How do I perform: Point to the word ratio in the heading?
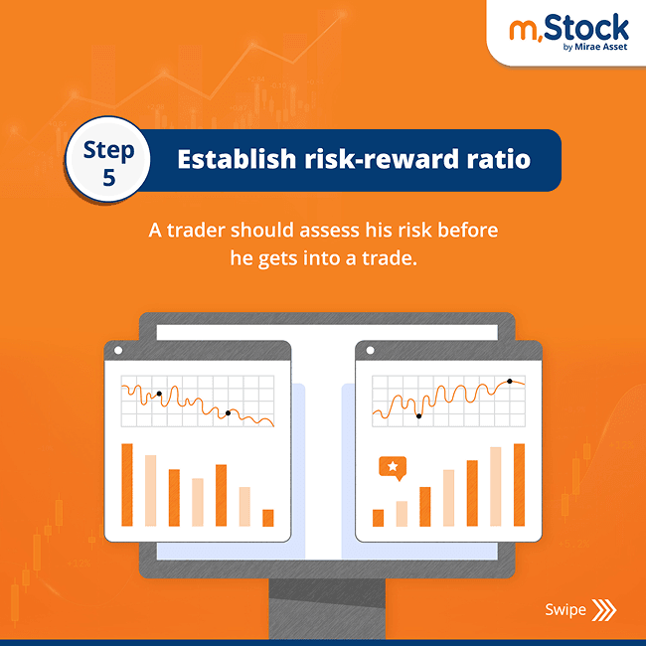tap(503, 159)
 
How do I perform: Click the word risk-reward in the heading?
tap(381, 159)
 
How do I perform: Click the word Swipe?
tap(564, 609)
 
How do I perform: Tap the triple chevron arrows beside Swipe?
tap(603, 609)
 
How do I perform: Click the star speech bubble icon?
tap(394, 466)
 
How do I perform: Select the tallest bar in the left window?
tap(126, 485)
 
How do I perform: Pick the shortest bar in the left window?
tap(267, 518)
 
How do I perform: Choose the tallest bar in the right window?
tap(519, 485)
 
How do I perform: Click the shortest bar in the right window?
tap(378, 518)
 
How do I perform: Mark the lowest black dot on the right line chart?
tap(418, 415)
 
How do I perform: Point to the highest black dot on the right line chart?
tap(510, 381)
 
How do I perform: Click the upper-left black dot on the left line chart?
tap(159, 394)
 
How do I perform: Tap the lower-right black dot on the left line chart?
tap(228, 412)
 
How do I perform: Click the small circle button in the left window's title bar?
tap(118, 351)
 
